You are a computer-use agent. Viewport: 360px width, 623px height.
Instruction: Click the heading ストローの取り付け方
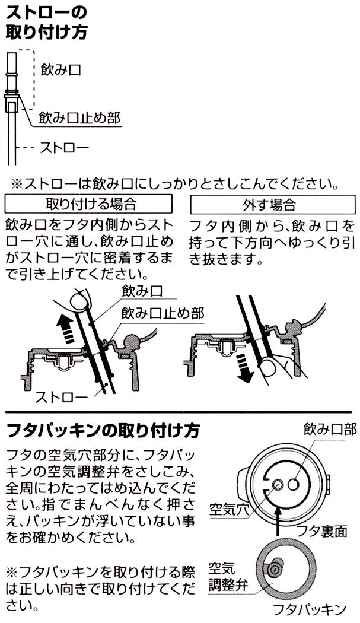[46, 23]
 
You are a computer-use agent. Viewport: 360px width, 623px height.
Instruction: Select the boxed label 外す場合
[273, 204]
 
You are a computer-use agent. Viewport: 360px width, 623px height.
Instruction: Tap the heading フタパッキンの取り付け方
[103, 431]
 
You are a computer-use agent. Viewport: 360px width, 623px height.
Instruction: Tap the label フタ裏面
[322, 531]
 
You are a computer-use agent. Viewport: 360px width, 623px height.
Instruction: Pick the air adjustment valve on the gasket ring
[274, 569]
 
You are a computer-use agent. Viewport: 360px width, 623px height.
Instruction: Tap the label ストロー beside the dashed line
[64, 148]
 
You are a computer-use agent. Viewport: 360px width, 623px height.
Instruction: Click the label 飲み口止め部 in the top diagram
[79, 117]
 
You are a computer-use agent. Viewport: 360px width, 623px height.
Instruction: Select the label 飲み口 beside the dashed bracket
[61, 70]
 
